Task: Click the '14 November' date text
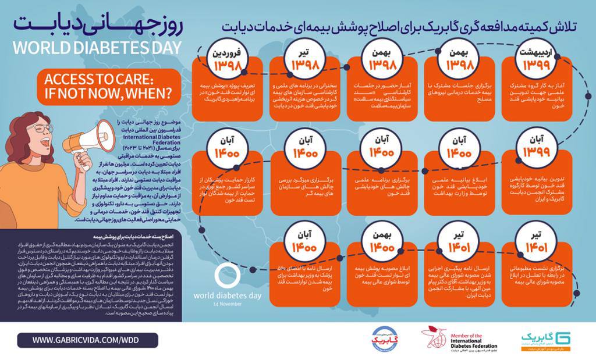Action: coord(227,304)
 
